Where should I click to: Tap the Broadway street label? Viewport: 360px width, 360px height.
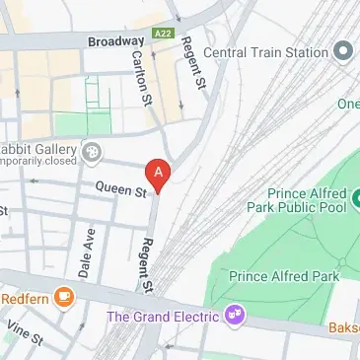point(115,42)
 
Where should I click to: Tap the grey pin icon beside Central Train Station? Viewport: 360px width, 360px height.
point(343,50)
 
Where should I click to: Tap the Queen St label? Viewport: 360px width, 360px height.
point(119,186)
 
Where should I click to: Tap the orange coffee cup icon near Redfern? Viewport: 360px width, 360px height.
point(64,296)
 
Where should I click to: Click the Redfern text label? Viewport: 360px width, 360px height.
point(25,297)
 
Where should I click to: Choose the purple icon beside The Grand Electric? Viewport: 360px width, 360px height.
point(235,317)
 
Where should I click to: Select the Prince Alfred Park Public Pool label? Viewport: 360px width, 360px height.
point(311,202)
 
